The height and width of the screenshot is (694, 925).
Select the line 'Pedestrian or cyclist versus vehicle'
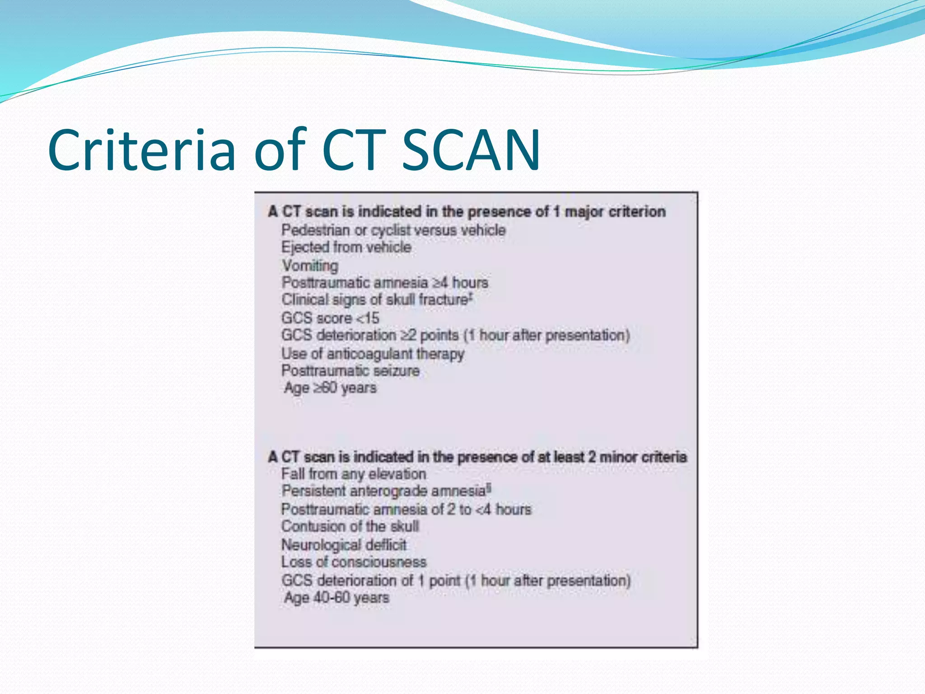pyautogui.click(x=393, y=230)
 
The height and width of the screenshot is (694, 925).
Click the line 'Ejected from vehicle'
pyautogui.click(x=346, y=247)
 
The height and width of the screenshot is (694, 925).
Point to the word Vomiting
pyautogui.click(x=310, y=265)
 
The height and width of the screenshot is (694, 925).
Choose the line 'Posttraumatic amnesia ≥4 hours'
pyautogui.click(x=385, y=283)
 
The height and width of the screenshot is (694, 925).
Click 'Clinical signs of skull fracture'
pyautogui.click(x=376, y=300)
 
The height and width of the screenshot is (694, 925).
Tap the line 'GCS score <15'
pyautogui.click(x=330, y=318)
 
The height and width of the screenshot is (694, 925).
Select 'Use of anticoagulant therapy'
pyautogui.click(x=373, y=354)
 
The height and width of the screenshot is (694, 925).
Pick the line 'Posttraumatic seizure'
pyautogui.click(x=350, y=371)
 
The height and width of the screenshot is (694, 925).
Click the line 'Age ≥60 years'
pyautogui.click(x=330, y=388)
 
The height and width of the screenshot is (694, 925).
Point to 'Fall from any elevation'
pyautogui.click(x=354, y=474)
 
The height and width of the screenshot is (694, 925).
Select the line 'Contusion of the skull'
pyautogui.click(x=350, y=526)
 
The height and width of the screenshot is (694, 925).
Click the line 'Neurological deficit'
pyautogui.click(x=344, y=545)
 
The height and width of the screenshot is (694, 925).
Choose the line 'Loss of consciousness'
pyautogui.click(x=354, y=562)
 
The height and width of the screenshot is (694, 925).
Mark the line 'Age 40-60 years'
pyautogui.click(x=336, y=598)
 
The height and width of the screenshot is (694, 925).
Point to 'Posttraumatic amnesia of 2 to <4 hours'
pyautogui.click(x=406, y=510)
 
